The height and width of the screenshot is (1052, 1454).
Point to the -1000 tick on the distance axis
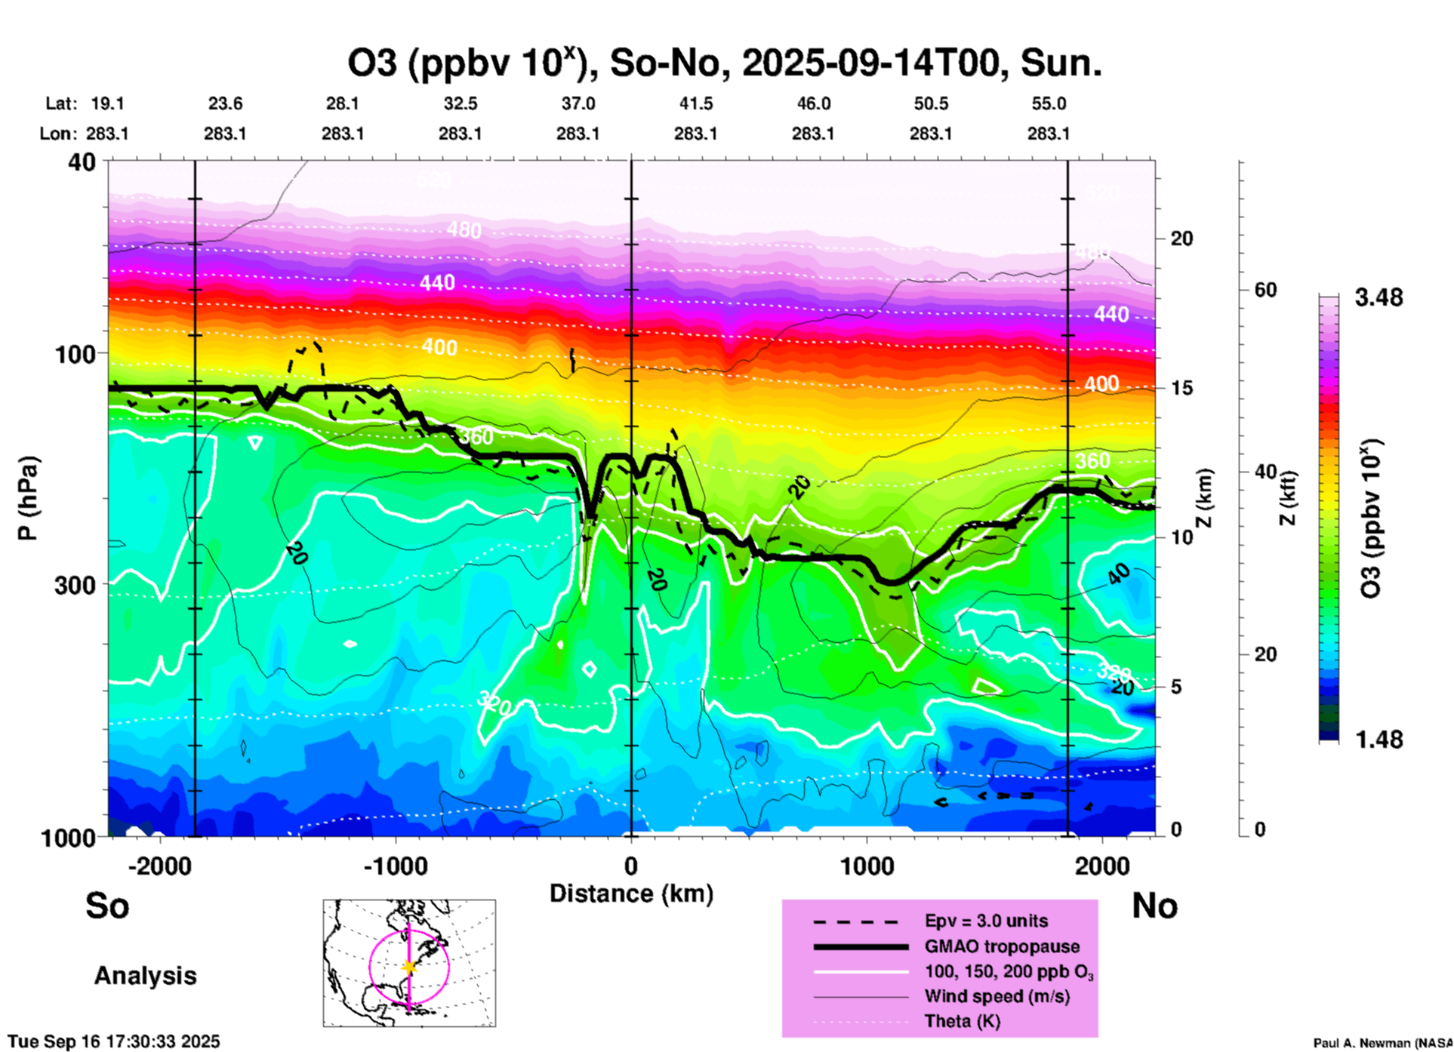[x=396, y=866]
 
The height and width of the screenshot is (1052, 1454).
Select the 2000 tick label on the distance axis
[x=1103, y=866]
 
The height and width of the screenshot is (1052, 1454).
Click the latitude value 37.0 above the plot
[x=578, y=103]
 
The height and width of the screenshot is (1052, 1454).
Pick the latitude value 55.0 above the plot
[x=1049, y=103]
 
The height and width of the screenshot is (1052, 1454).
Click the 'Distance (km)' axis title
[x=631, y=894]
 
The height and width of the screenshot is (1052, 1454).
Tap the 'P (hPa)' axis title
[x=28, y=498]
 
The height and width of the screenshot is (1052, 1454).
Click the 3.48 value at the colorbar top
[x=1379, y=298]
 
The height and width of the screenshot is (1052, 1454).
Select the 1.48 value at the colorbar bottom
[x=1379, y=740]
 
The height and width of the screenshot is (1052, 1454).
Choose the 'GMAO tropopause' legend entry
[x=1002, y=946]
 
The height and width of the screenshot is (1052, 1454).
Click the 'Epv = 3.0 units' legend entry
[x=986, y=921]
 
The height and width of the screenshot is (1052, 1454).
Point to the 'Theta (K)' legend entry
[x=962, y=1021]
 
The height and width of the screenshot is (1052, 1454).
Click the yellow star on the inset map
[x=409, y=967]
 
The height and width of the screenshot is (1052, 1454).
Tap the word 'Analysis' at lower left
[x=145, y=976]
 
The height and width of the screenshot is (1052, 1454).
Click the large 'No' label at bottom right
[x=1154, y=906]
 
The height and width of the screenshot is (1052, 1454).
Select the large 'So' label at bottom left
[x=107, y=906]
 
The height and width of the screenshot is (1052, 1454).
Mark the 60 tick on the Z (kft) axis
[x=1265, y=290]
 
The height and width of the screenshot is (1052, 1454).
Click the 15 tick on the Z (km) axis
[x=1181, y=388]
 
